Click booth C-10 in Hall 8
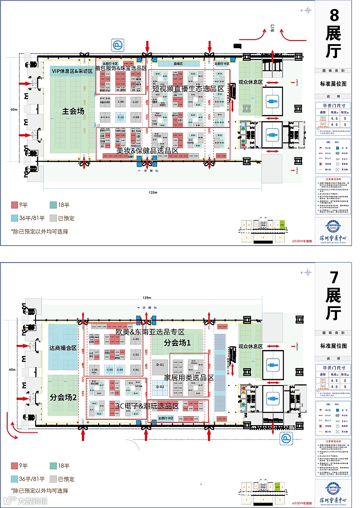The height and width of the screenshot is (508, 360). [121, 118]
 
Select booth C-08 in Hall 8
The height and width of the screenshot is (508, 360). [121, 102]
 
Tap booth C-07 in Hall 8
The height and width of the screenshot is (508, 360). [136, 102]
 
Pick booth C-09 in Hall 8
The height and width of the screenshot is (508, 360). [136, 118]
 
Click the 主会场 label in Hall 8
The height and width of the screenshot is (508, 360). [73, 111]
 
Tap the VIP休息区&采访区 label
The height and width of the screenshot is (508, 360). [72, 71]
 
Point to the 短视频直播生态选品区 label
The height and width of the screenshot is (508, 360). [188, 89]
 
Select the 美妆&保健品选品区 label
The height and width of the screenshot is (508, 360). [147, 150]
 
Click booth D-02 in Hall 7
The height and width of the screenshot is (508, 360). [160, 387]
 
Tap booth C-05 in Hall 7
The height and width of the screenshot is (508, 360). [109, 370]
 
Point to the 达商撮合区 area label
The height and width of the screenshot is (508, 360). [63, 348]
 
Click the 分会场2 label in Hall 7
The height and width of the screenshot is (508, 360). [63, 398]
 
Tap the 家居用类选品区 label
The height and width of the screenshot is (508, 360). [189, 377]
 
